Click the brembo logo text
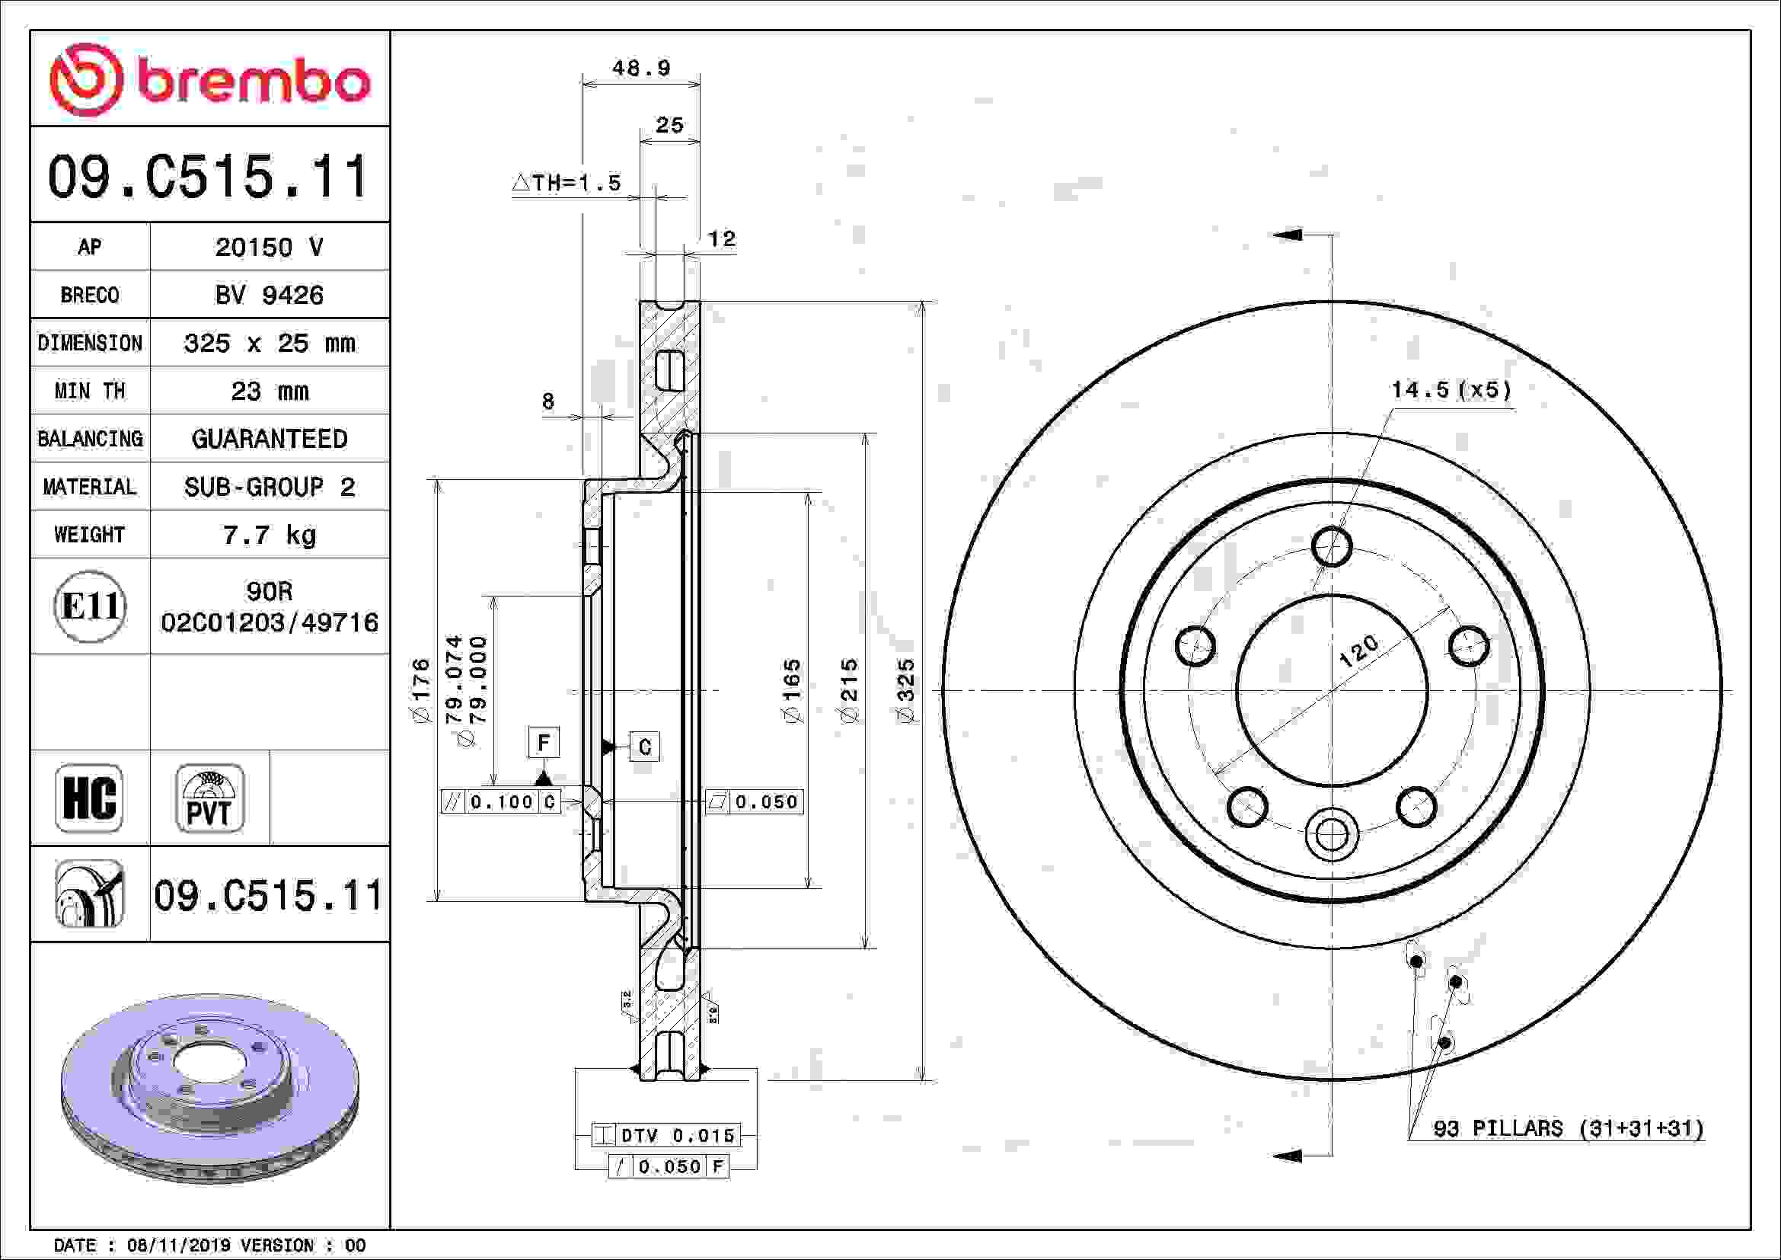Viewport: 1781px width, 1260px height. pyautogui.click(x=253, y=82)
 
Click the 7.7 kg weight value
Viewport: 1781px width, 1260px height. pyautogui.click(x=269, y=535)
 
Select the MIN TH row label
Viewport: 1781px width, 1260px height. pyautogui.click(x=89, y=391)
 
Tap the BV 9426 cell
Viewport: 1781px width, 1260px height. pyautogui.click(x=269, y=295)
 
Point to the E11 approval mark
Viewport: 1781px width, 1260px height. pyautogui.click(x=90, y=606)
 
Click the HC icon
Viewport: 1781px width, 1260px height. pyautogui.click(x=89, y=798)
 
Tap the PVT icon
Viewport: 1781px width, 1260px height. pyautogui.click(x=209, y=798)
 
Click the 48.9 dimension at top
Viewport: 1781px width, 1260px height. pyautogui.click(x=640, y=69)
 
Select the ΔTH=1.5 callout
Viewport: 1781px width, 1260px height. pyautogui.click(x=567, y=183)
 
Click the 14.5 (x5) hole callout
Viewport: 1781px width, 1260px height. pyautogui.click(x=1451, y=389)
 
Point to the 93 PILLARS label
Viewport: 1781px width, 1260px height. pyautogui.click(x=1568, y=1128)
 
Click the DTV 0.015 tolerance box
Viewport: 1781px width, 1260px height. pyautogui.click(x=665, y=1135)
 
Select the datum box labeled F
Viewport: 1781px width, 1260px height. pyautogui.click(x=543, y=743)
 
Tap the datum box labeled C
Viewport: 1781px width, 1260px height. pyautogui.click(x=644, y=747)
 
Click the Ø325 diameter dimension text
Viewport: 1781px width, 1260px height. pyautogui.click(x=905, y=691)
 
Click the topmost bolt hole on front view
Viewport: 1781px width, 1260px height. pyautogui.click(x=1331, y=547)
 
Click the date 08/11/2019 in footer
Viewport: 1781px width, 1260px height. pyautogui.click(x=178, y=1246)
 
